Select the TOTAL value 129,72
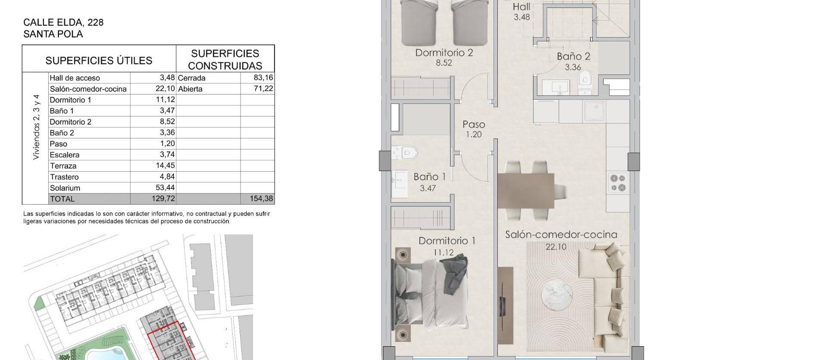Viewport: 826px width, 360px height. coord(163,199)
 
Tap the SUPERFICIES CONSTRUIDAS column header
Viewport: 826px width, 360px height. coord(225,59)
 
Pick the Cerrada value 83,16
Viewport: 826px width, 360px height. coord(263,78)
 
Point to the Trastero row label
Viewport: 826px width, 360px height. coord(64,177)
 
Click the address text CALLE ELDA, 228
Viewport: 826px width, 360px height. coord(63,22)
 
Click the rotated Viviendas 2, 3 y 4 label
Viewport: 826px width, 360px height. coord(36,127)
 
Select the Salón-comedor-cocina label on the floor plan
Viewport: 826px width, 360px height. coord(561,234)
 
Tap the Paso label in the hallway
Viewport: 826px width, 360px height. coord(474,124)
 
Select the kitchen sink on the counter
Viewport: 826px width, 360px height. coord(595,111)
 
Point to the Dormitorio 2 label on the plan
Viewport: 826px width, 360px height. coord(444,53)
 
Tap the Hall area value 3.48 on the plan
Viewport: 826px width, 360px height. coord(522,17)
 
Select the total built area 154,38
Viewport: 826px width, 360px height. coord(261,199)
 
